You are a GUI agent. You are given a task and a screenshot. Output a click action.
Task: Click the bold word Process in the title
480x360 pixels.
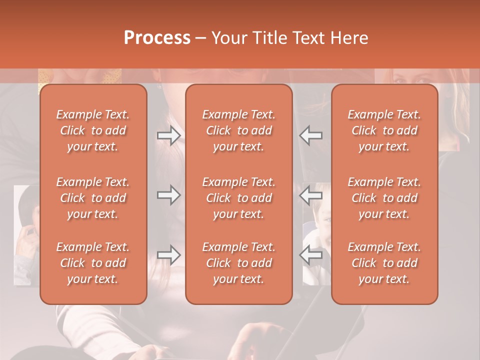[157, 38]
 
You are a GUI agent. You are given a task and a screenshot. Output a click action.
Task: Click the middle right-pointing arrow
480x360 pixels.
[168, 195]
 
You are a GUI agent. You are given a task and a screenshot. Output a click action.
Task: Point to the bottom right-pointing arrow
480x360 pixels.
[168, 255]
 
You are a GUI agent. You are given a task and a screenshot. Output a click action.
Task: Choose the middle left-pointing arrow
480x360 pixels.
[311, 195]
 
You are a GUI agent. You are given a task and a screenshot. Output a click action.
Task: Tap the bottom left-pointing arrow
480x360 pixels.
[311, 255]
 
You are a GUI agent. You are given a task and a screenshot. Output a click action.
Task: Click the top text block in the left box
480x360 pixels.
[93, 130]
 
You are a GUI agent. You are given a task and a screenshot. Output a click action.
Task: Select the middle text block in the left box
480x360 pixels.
[93, 198]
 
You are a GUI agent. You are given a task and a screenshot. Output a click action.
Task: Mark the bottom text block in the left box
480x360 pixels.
[93, 263]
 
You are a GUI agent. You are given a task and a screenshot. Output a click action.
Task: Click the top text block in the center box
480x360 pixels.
[239, 130]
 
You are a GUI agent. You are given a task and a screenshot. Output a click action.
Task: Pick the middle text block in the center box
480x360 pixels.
[239, 198]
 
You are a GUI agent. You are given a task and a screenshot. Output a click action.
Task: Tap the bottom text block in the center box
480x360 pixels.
[239, 263]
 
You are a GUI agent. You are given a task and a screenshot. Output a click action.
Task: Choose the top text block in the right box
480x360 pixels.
[384, 130]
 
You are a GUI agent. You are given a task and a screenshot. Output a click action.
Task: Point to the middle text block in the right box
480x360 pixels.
[384, 198]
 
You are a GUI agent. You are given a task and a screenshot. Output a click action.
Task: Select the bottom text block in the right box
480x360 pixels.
[384, 263]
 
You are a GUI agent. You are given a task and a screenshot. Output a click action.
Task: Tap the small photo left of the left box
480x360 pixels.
[26, 235]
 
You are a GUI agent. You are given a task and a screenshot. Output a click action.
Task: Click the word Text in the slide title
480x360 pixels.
[314, 38]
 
